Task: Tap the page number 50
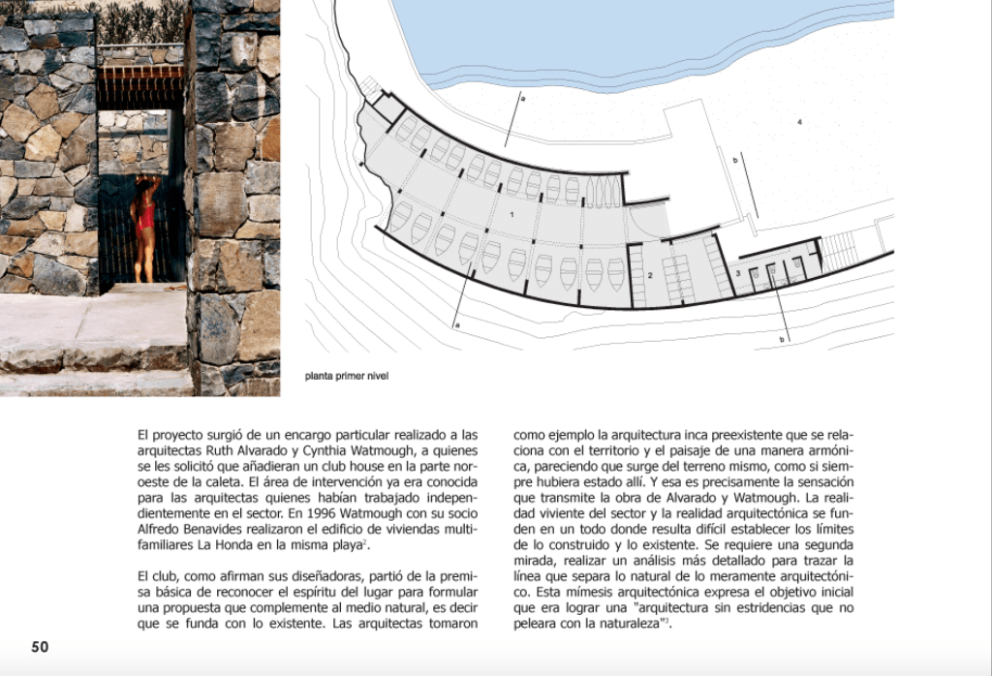point(40,647)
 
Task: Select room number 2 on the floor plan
point(650,277)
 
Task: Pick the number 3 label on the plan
point(738,275)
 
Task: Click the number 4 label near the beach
point(800,121)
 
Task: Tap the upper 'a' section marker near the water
point(521,100)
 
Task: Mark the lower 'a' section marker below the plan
point(456,325)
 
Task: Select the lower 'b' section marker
point(782,339)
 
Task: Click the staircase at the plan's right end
point(839,250)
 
